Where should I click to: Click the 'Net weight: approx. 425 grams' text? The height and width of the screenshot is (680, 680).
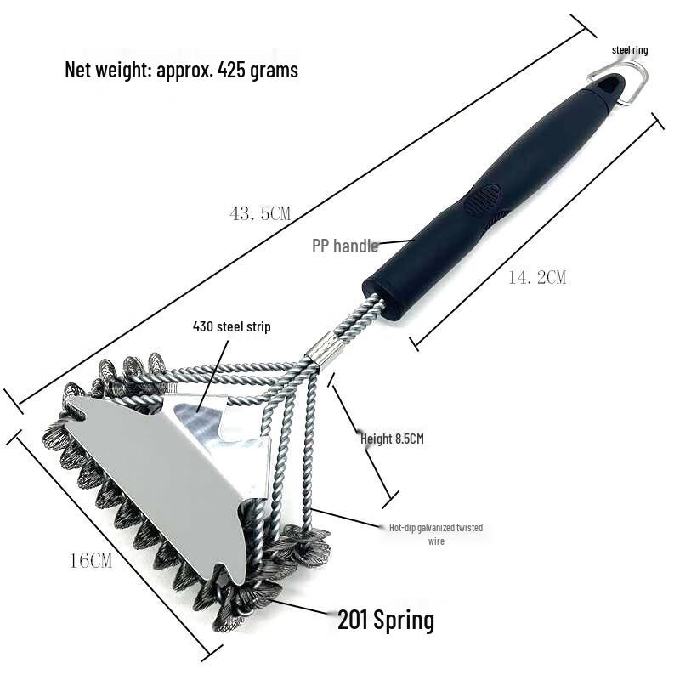pyautogui.click(x=181, y=70)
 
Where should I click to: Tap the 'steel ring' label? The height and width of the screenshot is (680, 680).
pyautogui.click(x=630, y=50)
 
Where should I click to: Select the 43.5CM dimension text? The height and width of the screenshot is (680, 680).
pyautogui.click(x=260, y=214)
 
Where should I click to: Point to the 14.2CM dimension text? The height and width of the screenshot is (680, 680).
pyautogui.click(x=536, y=277)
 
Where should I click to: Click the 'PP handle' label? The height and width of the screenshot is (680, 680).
pyautogui.click(x=344, y=246)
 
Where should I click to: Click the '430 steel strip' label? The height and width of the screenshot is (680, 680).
pyautogui.click(x=231, y=326)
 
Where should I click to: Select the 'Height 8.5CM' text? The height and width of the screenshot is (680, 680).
pyautogui.click(x=391, y=439)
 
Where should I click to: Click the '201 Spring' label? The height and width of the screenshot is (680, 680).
pyautogui.click(x=385, y=620)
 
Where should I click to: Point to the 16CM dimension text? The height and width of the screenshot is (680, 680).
pyautogui.click(x=90, y=560)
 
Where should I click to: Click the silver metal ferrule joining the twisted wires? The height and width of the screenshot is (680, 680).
pyautogui.click(x=323, y=349)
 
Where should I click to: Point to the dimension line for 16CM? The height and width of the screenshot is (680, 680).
pyautogui.click(x=110, y=544)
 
